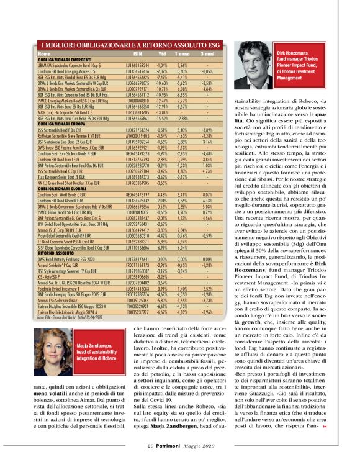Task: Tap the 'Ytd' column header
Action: pos(163,53)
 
